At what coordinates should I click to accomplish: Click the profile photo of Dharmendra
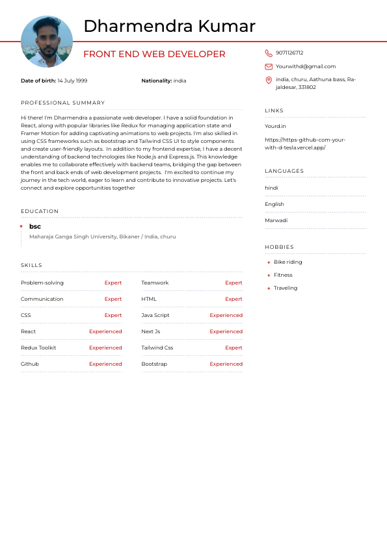point(47,42)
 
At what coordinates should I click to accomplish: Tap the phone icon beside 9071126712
point(269,53)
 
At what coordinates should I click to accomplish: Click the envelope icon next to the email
point(269,66)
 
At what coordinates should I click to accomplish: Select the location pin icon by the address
point(269,80)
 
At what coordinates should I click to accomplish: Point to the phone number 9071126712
point(289,53)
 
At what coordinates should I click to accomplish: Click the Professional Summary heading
point(62,103)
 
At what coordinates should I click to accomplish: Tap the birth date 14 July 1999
point(72,81)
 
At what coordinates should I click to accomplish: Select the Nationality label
point(156,81)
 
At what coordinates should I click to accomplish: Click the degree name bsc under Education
point(35,226)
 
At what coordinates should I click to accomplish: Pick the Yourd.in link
point(275,126)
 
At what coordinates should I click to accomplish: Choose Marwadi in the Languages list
point(276,220)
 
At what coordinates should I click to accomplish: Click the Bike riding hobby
point(287,262)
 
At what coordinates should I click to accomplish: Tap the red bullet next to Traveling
point(269,288)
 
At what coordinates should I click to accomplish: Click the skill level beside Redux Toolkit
point(105,348)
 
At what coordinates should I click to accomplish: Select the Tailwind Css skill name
point(157,348)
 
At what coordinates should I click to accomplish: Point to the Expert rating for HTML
point(234,299)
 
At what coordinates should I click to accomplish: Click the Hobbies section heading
point(279,247)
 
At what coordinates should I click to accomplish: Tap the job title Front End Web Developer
point(154,55)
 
